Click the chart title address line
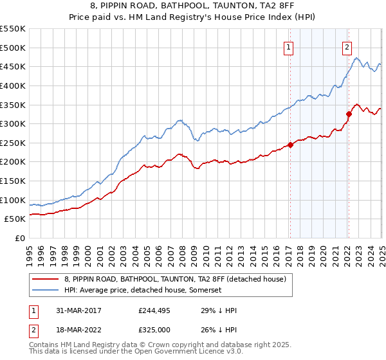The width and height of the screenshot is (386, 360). (192, 6)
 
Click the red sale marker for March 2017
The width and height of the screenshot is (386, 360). (289, 145)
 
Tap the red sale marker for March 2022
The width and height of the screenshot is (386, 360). (349, 114)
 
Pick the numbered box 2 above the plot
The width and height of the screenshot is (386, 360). (347, 47)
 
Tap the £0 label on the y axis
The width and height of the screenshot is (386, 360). (19, 238)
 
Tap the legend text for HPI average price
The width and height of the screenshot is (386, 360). (143, 291)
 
